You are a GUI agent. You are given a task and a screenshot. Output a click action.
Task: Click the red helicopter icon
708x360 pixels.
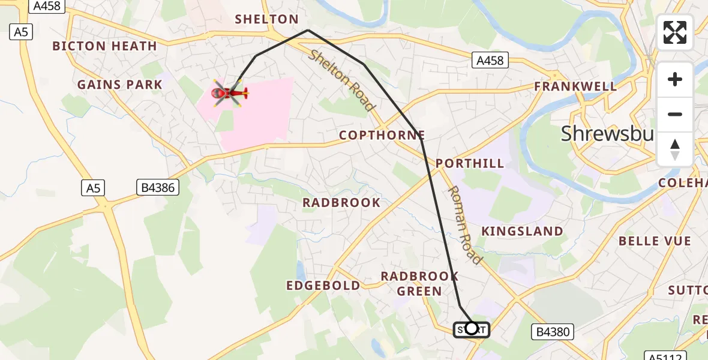point(229,93)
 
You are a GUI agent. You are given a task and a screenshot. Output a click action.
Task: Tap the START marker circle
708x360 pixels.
point(472,328)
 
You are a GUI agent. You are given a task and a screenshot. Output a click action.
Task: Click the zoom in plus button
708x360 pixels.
point(675,79)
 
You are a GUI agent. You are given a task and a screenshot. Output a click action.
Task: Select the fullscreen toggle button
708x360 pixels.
point(675,32)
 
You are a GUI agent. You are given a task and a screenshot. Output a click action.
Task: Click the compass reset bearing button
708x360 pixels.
point(675,149)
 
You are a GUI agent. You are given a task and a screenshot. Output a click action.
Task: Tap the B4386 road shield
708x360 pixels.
point(158,188)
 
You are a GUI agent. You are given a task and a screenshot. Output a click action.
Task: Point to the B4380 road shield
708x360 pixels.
point(553,331)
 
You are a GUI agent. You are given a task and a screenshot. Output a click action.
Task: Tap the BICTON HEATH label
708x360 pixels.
point(104,46)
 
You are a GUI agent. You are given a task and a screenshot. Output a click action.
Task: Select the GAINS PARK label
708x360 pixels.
point(120,85)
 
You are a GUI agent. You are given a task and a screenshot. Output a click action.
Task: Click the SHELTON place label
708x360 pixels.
point(266,19)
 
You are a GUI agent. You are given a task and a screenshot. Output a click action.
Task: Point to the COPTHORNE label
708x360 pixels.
point(382,136)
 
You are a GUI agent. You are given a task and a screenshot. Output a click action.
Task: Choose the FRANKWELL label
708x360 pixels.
point(576,86)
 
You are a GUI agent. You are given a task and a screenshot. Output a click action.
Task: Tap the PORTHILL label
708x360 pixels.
point(470,163)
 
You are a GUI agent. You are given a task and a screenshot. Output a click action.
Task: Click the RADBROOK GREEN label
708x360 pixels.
point(420,283)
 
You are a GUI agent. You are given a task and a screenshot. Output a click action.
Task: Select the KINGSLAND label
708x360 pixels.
point(523,231)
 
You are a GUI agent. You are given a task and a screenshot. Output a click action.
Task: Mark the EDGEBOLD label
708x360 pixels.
point(323,286)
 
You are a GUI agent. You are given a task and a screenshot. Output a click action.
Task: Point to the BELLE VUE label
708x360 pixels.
point(655,241)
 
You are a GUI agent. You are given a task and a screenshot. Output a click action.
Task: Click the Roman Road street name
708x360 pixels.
point(465,225)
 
